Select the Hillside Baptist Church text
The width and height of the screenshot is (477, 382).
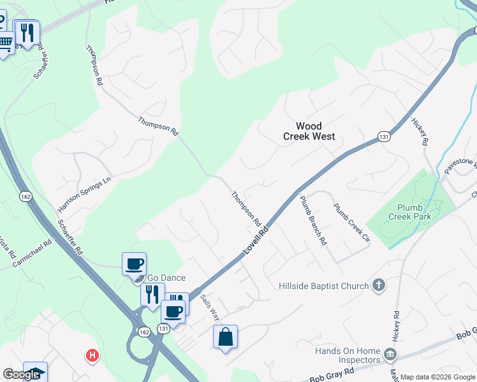324,286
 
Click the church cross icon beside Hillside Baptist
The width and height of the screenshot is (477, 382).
378,285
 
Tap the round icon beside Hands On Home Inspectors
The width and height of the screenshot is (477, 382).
390,353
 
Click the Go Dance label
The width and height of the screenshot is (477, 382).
166,278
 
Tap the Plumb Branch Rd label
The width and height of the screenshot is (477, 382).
313,220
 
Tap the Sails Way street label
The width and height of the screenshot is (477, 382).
210,308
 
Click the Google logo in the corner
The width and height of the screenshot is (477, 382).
21,374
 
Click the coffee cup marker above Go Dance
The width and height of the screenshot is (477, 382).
134,264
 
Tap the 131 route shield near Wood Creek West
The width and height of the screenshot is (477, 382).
383,136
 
